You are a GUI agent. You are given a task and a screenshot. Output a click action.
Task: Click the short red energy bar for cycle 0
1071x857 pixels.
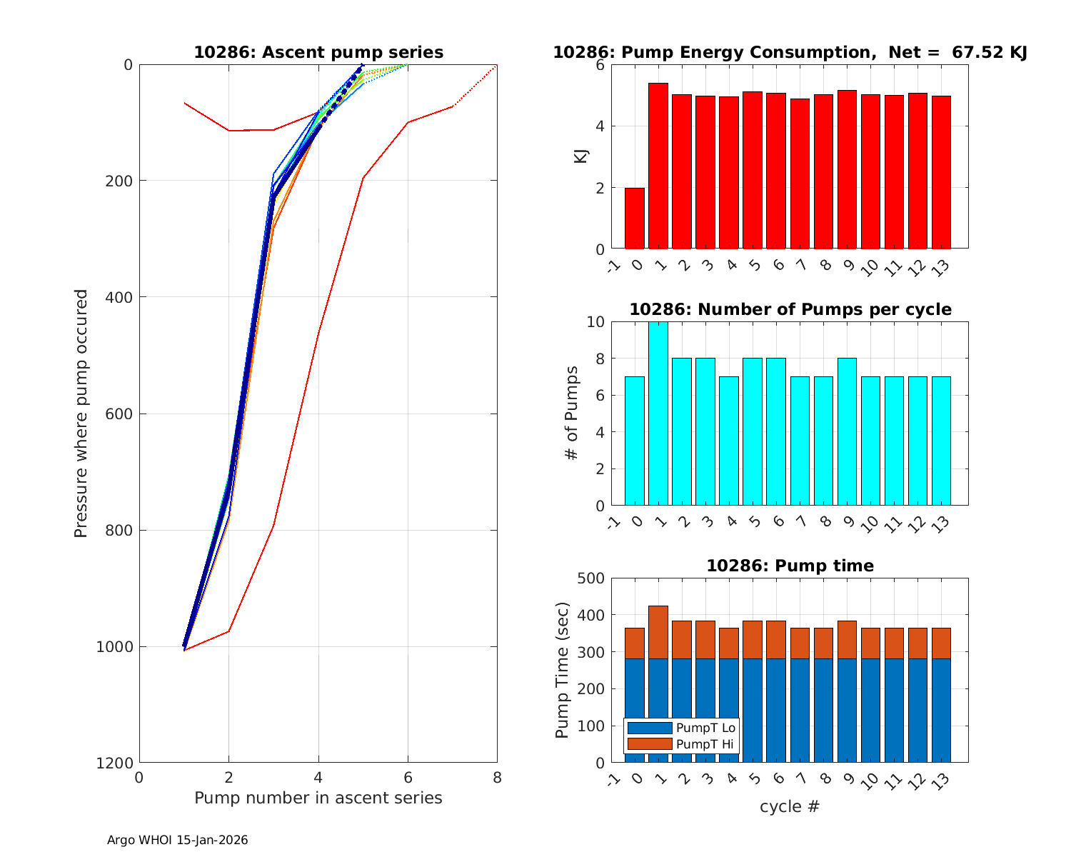pos(635,219)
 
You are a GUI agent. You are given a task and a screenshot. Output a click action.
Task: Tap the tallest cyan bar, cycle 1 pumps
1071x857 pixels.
pos(658,414)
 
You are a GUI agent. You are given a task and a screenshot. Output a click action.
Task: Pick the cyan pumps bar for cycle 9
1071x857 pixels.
pos(847,431)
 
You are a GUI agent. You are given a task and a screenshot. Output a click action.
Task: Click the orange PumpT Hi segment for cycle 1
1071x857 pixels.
pos(658,632)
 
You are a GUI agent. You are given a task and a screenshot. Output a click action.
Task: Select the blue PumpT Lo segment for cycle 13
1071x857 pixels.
pos(941,710)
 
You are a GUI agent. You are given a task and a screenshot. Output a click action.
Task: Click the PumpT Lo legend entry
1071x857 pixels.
pos(705,728)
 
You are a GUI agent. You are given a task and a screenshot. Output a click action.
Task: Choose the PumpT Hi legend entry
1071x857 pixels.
pos(705,744)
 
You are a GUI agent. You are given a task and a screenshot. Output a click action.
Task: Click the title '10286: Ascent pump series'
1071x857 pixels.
pos(318,53)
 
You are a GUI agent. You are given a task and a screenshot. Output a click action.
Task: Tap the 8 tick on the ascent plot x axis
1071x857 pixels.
pos(497,778)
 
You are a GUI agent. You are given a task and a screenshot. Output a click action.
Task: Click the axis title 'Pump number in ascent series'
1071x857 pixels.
pos(318,798)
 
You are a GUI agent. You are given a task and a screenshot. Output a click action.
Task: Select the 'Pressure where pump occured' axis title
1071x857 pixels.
pos(81,414)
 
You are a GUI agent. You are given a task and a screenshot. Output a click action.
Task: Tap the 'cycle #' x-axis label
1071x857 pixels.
pos(789,807)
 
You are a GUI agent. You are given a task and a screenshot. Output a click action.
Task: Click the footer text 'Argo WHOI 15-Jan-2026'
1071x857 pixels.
pos(178,841)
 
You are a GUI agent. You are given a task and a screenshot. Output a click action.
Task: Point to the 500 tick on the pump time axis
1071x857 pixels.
pos(590,578)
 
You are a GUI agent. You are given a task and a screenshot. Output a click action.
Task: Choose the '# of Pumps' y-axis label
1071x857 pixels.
pos(571,414)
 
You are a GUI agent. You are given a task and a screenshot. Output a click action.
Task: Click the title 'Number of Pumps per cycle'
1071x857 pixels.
pos(790,309)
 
